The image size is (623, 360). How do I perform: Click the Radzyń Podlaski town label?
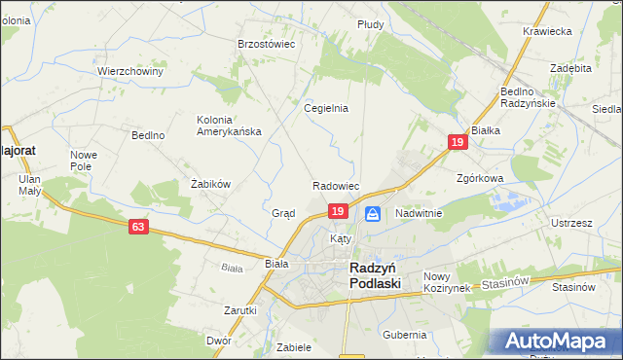(x=377, y=274)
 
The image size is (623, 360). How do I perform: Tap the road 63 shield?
(x=139, y=227)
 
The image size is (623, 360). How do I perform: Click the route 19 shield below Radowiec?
(x=338, y=210)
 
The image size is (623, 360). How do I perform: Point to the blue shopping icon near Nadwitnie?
(x=372, y=213)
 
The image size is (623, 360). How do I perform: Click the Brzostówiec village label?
(x=267, y=44)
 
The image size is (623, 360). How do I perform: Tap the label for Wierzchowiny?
(x=129, y=72)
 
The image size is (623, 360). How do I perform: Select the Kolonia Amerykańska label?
(x=229, y=126)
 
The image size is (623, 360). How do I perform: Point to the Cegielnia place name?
(x=326, y=109)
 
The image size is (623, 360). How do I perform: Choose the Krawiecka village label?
(x=546, y=31)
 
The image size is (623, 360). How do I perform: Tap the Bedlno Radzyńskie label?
(x=528, y=97)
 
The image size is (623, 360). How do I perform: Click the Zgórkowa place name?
(x=480, y=179)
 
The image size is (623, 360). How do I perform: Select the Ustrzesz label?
(x=571, y=223)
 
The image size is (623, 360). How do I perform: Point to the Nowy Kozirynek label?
(x=447, y=282)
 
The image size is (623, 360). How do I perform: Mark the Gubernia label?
(x=405, y=335)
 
